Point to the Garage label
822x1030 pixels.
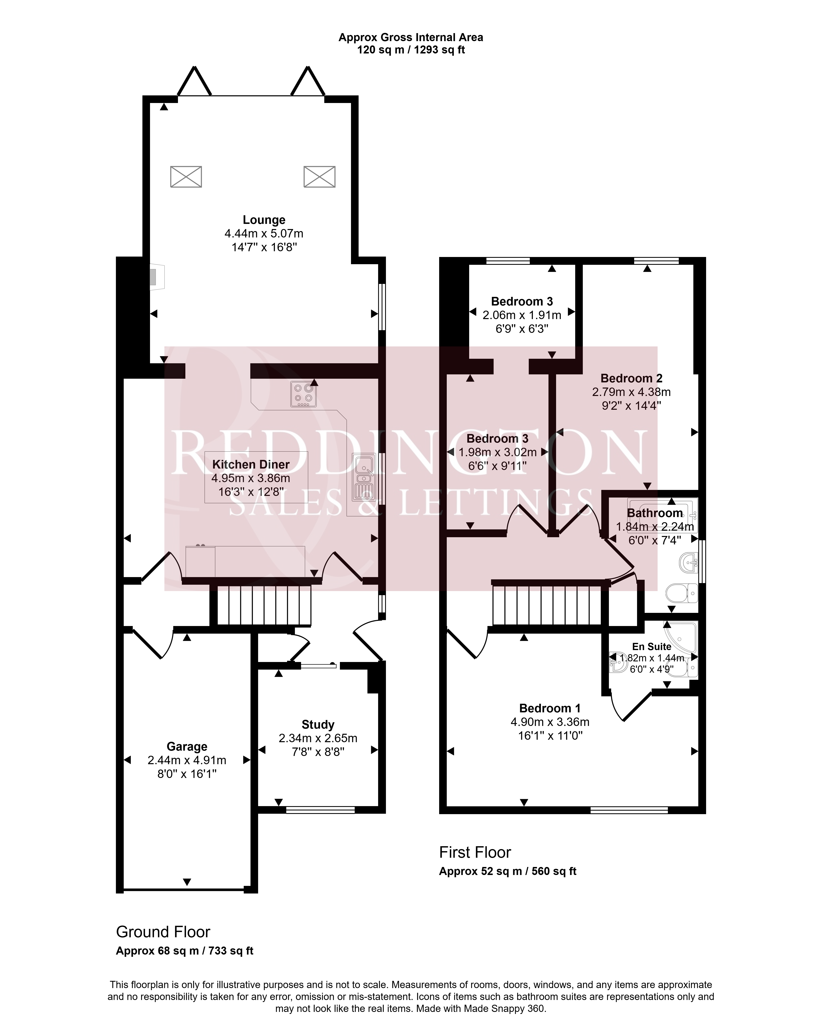pyautogui.click(x=187, y=746)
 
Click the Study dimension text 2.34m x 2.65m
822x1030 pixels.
pyautogui.click(x=318, y=738)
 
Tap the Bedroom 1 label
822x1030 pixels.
pyautogui.click(x=550, y=708)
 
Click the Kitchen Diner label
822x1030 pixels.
pyautogui.click(x=251, y=464)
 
